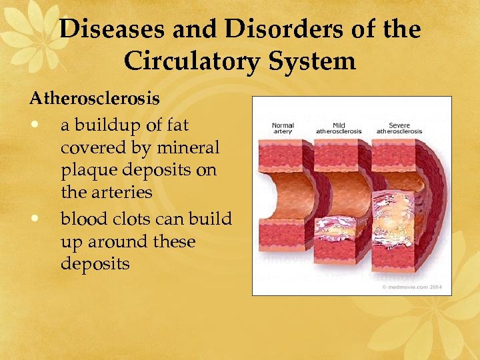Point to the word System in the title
pos(315,61)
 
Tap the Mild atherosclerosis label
pos(338,128)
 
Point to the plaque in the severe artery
pos(400,213)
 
